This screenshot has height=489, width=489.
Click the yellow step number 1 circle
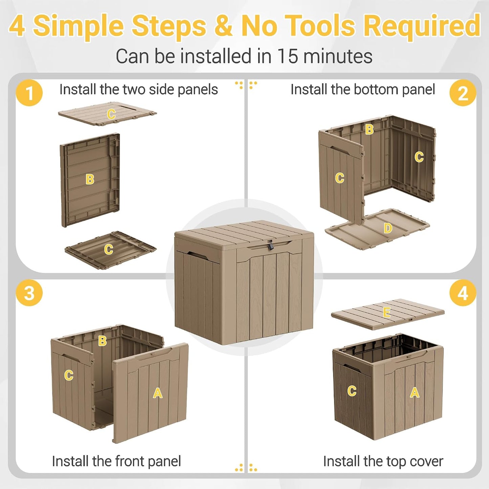pyautogui.click(x=29, y=93)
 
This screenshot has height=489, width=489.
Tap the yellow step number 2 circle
pyautogui.click(x=463, y=93)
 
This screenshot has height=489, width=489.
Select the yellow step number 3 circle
pyautogui.click(x=29, y=293)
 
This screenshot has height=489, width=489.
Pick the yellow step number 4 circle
pyautogui.click(x=463, y=293)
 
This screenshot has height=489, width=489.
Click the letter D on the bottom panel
pyautogui.click(x=388, y=228)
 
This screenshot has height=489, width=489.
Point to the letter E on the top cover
pyautogui.click(x=386, y=312)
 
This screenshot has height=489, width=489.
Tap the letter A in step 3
pyautogui.click(x=158, y=393)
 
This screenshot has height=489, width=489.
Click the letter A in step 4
pyautogui.click(x=415, y=393)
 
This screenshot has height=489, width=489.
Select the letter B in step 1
pyautogui.click(x=90, y=179)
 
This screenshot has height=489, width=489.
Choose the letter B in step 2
pyautogui.click(x=369, y=129)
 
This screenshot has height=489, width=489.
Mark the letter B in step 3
pyautogui.click(x=102, y=341)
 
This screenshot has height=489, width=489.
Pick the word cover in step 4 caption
pyautogui.click(x=427, y=462)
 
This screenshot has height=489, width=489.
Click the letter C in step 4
pyautogui.click(x=352, y=391)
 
